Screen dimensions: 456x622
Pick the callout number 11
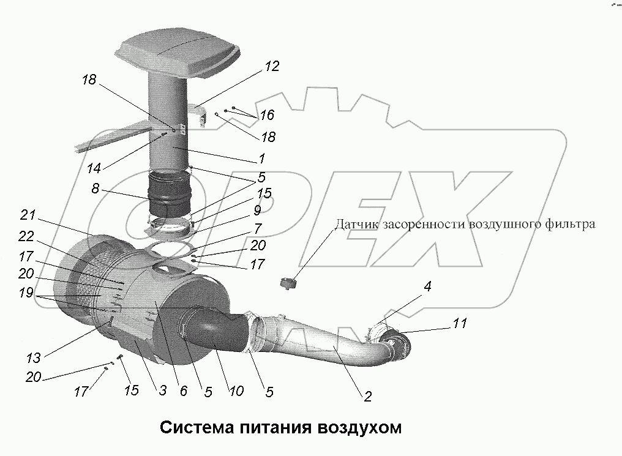pos(459,323)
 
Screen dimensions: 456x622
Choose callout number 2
pos(367,396)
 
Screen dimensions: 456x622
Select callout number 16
pos(267,115)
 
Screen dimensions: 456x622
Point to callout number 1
pos(261,159)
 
